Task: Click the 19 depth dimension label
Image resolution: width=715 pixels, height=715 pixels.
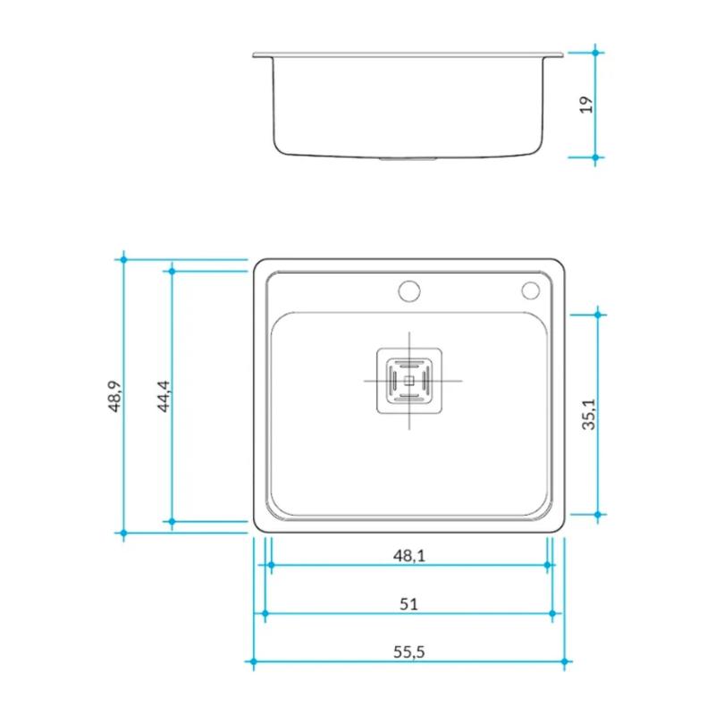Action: pyautogui.click(x=586, y=105)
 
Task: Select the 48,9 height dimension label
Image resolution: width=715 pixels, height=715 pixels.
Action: pyautogui.click(x=114, y=395)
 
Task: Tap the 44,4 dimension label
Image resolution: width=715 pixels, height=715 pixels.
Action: pyautogui.click(x=162, y=395)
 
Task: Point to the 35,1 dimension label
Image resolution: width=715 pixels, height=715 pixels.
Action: pyautogui.click(x=589, y=415)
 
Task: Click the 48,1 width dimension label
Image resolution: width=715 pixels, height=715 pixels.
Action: pyautogui.click(x=408, y=556)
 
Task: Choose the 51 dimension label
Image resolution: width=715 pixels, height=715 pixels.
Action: pyautogui.click(x=408, y=604)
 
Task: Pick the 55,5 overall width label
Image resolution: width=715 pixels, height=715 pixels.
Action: pyautogui.click(x=408, y=652)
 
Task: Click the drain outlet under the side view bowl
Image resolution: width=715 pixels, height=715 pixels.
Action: pyautogui.click(x=408, y=159)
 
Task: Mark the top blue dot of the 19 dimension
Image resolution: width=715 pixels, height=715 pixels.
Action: pyautogui.click(x=596, y=53)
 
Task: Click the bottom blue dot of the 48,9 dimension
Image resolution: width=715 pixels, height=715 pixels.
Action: pyautogui.click(x=124, y=533)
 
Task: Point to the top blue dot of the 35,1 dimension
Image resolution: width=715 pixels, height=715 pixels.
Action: pyautogui.click(x=598, y=315)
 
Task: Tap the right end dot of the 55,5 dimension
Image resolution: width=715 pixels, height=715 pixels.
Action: pyautogui.click(x=564, y=662)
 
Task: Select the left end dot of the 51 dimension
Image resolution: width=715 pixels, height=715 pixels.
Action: pyautogui.click(x=265, y=613)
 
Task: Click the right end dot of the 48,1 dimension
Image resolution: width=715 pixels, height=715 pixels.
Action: pyautogui.click(x=546, y=565)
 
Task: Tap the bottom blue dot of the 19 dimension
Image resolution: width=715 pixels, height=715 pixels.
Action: pyautogui.click(x=596, y=157)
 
